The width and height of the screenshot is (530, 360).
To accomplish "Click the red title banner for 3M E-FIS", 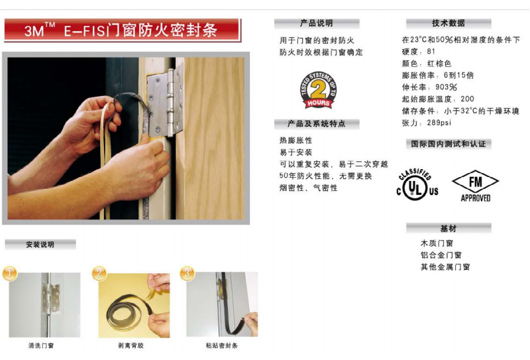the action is (x=123, y=30).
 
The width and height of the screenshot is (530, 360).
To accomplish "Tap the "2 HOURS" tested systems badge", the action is (x=318, y=90).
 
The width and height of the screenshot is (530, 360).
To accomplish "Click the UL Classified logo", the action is (x=417, y=185).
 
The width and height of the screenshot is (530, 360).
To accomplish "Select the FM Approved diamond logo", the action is (x=475, y=186).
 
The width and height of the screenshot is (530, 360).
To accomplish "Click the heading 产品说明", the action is (x=317, y=23).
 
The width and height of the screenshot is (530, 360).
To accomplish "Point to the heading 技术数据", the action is (x=449, y=23).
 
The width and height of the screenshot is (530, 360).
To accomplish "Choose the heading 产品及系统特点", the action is (x=317, y=124).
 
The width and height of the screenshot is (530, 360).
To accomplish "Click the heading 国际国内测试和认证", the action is (x=449, y=144).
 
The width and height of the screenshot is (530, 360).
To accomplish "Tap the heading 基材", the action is (x=449, y=229).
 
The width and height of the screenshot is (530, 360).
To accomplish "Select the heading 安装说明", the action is (x=40, y=245).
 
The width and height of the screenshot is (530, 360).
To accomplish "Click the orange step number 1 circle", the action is (x=10, y=273).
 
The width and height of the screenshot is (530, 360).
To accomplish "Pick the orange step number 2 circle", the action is (x=99, y=273).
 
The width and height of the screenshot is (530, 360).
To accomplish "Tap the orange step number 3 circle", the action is (x=187, y=273).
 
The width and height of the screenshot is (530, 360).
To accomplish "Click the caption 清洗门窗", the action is (x=41, y=345).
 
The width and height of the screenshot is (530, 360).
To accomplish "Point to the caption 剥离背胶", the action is (x=131, y=345).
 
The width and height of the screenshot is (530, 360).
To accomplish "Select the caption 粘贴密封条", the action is (x=222, y=345).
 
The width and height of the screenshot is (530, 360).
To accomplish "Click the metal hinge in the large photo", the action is (x=164, y=101).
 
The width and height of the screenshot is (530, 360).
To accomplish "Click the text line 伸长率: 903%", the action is (x=429, y=88).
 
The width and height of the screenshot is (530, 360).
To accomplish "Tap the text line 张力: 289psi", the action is (x=426, y=123).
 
